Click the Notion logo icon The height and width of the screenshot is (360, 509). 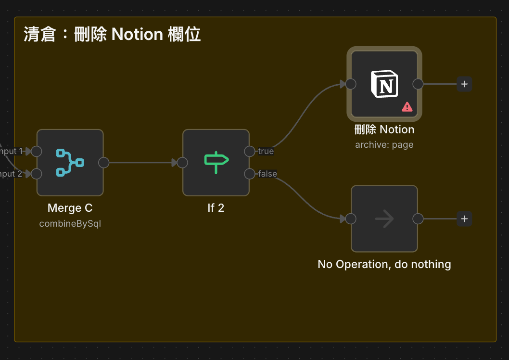tap(384, 84)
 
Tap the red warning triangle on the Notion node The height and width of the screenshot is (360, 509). tap(407, 107)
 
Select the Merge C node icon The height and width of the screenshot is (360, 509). tap(70, 162)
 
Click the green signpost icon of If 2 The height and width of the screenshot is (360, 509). tap(216, 162)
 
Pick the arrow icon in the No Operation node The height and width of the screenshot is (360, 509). tap(384, 219)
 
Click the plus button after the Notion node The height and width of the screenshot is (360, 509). tap(464, 84)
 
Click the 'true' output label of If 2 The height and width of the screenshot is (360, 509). tap(266, 151)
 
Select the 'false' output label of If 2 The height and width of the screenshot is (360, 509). tap(267, 174)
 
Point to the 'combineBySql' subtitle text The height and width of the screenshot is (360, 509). tap(70, 224)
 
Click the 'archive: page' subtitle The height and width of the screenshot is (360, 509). tap(384, 145)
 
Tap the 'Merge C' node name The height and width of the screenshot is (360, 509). tap(70, 208)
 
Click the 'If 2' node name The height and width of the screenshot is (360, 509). tap(216, 208)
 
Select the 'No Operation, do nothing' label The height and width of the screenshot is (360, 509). tap(384, 264)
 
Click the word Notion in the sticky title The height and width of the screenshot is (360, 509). tap(137, 35)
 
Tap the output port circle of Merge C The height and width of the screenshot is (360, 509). tap(103, 163)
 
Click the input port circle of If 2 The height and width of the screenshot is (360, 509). tap(182, 163)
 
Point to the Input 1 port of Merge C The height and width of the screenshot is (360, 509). tap(37, 152)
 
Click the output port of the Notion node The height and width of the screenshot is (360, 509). tap(418, 84)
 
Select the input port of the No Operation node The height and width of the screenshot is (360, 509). tap(351, 219)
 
